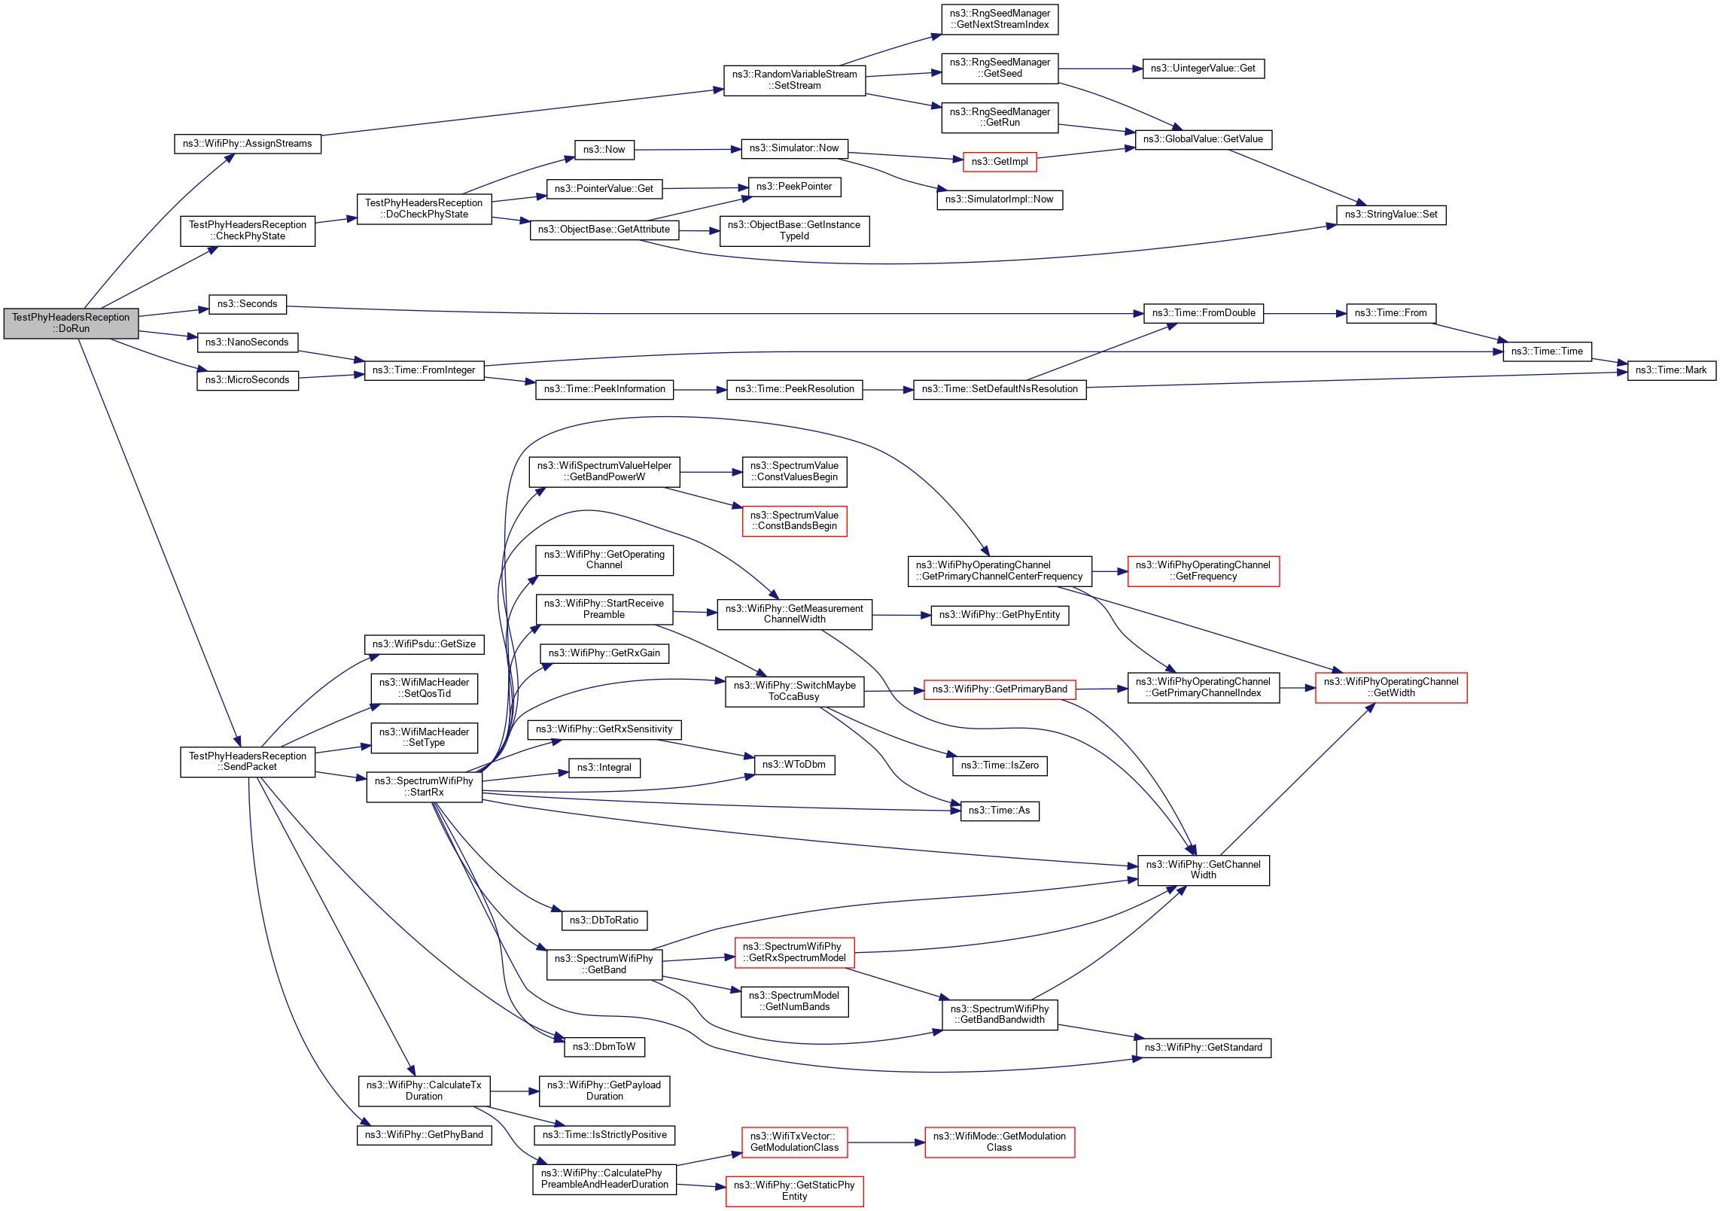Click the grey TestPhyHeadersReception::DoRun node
(71, 323)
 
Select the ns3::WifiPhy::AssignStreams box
(247, 144)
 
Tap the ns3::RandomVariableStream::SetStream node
(794, 80)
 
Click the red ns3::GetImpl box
(999, 162)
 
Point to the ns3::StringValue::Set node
(1390, 215)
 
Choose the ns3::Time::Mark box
(1670, 370)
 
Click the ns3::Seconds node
(247, 304)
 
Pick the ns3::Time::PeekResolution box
(794, 389)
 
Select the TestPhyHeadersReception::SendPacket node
(247, 762)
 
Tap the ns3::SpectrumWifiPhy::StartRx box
(424, 787)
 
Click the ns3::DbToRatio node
(604, 920)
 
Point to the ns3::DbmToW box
(604, 1047)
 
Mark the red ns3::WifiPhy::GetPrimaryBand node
(999, 689)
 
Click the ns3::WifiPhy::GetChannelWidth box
(1203, 870)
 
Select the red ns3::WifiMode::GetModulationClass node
(999, 1142)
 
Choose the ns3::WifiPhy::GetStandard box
(1203, 1048)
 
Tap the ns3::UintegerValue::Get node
(1203, 68)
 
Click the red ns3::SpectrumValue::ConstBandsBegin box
(794, 521)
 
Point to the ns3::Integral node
(604, 768)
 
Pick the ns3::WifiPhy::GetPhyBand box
(424, 1135)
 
